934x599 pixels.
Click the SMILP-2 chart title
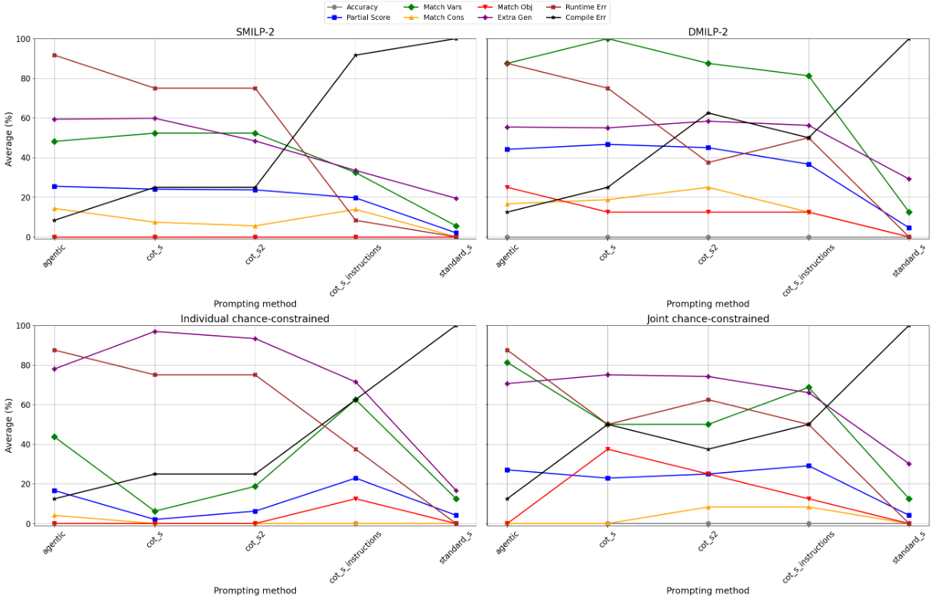pyautogui.click(x=255, y=31)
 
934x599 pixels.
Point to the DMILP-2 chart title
pyautogui.click(x=708, y=31)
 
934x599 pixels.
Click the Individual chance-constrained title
pyautogui.click(x=255, y=318)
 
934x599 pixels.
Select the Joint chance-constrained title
pyautogui.click(x=708, y=318)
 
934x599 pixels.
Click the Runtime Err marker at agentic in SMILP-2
pyautogui.click(x=54, y=55)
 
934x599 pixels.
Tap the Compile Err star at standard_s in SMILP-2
pyautogui.click(x=456, y=39)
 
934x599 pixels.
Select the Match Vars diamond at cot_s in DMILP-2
pyautogui.click(x=607, y=39)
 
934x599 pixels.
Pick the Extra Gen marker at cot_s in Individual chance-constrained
pyautogui.click(x=155, y=331)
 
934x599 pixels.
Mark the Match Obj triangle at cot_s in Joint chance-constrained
pyautogui.click(x=607, y=449)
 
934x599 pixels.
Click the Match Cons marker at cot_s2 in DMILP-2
pyautogui.click(x=708, y=187)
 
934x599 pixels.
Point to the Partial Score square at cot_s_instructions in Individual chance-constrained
pyautogui.click(x=356, y=478)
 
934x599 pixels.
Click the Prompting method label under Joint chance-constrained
pyautogui.click(x=708, y=591)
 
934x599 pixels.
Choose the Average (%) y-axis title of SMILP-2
pyautogui.click(x=9, y=138)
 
